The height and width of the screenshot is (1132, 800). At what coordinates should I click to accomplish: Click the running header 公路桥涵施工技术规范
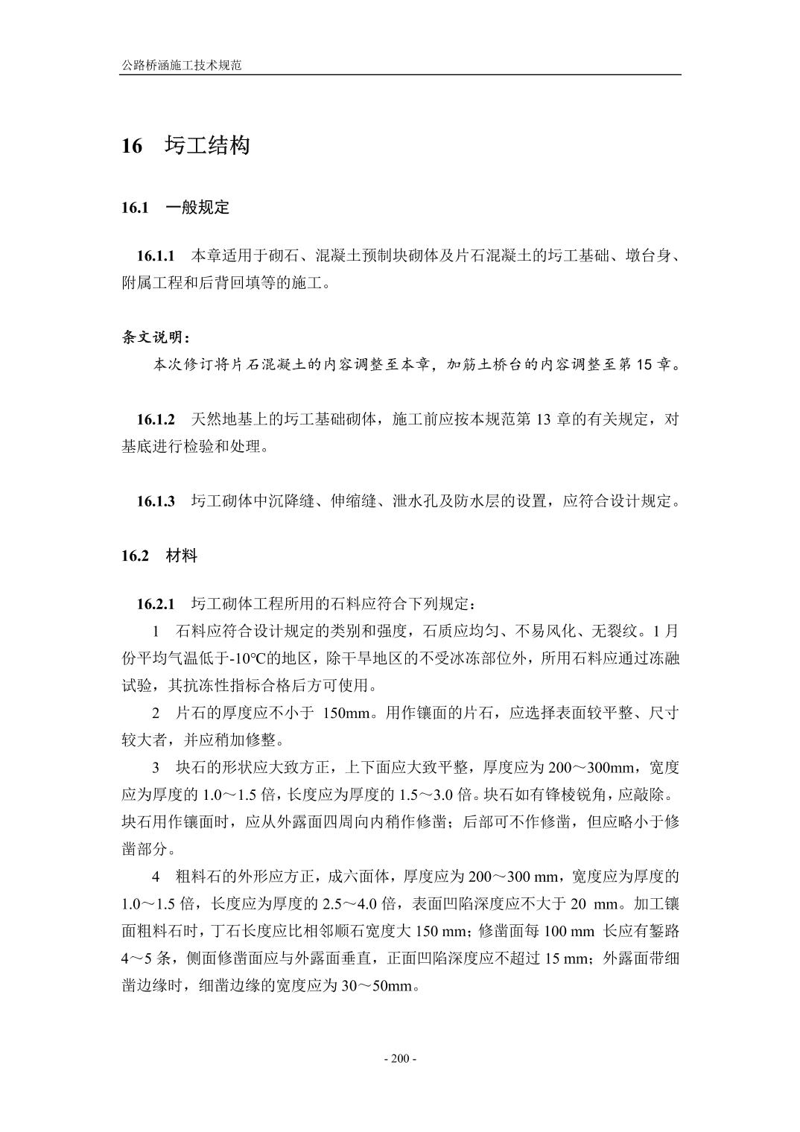pyautogui.click(x=181, y=66)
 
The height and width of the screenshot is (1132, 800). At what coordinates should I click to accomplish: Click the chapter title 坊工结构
pyautogui.click(x=207, y=145)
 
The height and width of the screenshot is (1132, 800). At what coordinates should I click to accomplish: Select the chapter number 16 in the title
pyautogui.click(x=132, y=146)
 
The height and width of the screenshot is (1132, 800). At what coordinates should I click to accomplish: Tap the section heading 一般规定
pyautogui.click(x=197, y=208)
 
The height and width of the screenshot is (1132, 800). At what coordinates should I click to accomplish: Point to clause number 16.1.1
pyautogui.click(x=155, y=256)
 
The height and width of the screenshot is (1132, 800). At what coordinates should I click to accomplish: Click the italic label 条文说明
pyautogui.click(x=155, y=337)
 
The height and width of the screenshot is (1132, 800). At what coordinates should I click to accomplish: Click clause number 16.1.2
pyautogui.click(x=155, y=419)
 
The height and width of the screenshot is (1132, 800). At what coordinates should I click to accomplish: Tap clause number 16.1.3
pyautogui.click(x=155, y=501)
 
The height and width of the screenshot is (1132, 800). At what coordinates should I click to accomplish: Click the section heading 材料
pyautogui.click(x=182, y=556)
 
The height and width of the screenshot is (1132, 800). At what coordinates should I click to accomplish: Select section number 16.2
pyautogui.click(x=136, y=556)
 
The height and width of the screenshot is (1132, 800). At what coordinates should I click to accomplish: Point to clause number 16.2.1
pyautogui.click(x=155, y=602)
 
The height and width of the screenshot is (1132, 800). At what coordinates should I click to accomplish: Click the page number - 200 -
pyautogui.click(x=400, y=1059)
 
